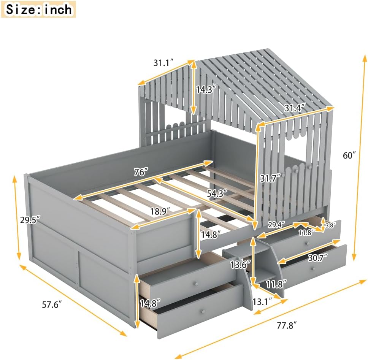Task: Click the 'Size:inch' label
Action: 38,9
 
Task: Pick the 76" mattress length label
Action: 140,172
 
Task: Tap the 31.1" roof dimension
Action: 163,63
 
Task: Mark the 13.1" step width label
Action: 266,302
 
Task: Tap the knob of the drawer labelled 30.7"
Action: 314,268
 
